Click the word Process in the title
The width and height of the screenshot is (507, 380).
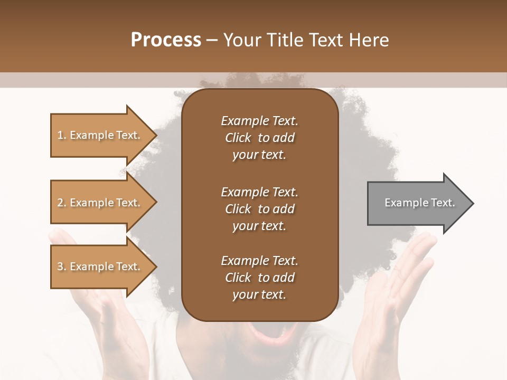point(166,40)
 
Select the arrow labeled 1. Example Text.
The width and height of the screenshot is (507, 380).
point(100,135)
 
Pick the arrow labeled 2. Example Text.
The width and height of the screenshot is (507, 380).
point(100,203)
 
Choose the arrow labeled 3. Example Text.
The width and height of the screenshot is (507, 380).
point(100,267)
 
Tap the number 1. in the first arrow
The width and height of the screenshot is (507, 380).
point(62,135)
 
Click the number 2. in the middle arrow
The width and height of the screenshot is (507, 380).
point(62,203)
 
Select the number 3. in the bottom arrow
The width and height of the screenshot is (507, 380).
point(62,267)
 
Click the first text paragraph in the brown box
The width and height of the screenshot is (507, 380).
point(259,138)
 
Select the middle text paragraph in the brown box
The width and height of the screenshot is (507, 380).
point(259,209)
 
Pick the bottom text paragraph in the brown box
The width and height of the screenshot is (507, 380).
point(259,278)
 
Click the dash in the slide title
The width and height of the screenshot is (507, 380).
point(212,40)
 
